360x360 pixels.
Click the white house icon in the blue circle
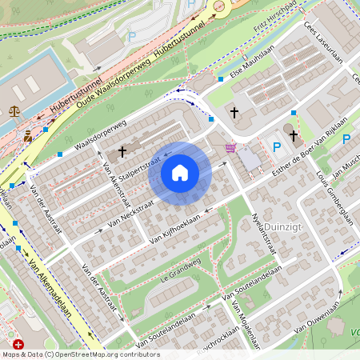tap(180, 172)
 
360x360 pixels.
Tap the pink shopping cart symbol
tap(230, 147)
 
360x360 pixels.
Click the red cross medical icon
tap(18, 343)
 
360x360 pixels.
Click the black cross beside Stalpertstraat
tap(122, 150)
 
